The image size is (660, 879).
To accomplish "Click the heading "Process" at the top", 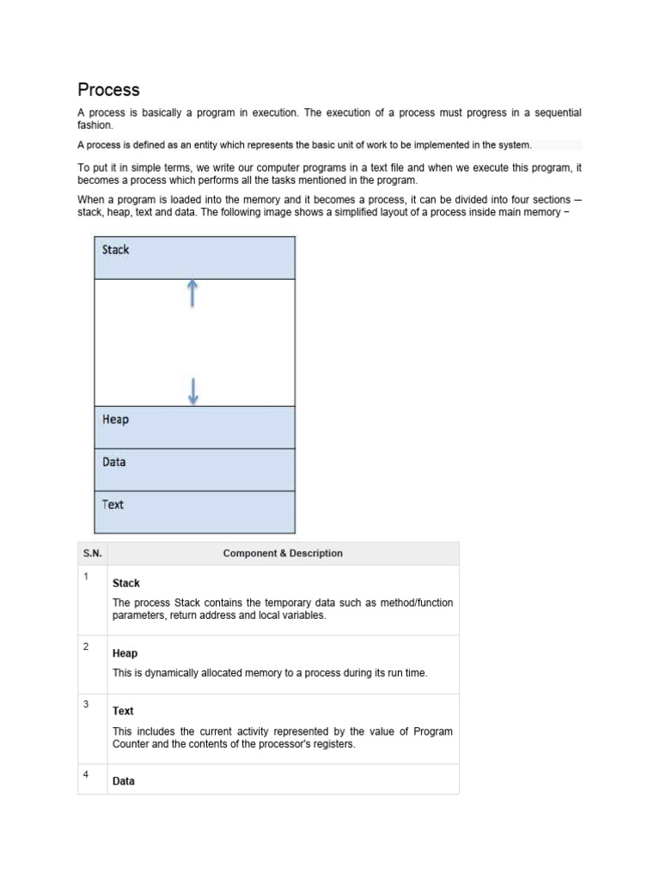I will [108, 90].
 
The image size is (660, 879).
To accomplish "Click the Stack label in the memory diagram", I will [115, 250].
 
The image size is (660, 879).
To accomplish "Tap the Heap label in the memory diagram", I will [115, 420].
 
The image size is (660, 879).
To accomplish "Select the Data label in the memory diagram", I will [113, 462].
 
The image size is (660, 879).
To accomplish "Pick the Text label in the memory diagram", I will [113, 505].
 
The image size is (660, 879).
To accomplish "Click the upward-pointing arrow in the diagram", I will [192, 293].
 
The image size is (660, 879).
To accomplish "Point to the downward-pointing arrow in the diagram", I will [192, 391].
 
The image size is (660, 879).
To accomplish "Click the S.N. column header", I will [92, 554].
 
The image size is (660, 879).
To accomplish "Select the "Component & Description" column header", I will [283, 554].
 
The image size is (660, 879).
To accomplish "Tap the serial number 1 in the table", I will [86, 576].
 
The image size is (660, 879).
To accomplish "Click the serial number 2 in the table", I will [86, 646].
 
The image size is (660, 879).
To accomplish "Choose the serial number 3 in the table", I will [86, 705].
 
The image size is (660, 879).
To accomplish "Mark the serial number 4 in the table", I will [86, 774].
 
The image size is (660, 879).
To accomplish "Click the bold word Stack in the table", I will [125, 584].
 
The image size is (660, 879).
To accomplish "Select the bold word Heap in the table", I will [125, 654].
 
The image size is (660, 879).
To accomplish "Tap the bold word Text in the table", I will [123, 712].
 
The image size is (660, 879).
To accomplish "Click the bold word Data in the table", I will [123, 782].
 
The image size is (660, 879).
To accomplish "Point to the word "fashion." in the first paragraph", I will [95, 125].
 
